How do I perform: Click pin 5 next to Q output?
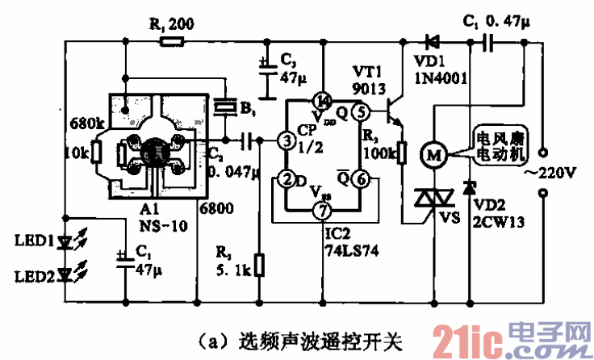click(361, 112)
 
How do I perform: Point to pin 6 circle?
click(361, 178)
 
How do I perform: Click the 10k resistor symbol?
click(95, 152)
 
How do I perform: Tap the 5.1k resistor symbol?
click(259, 265)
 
